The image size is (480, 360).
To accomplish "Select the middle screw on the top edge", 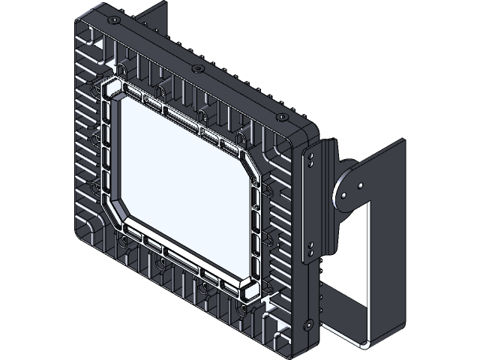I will pyautogui.click(x=197, y=68).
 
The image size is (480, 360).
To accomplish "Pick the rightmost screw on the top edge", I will pyautogui.click(x=281, y=118).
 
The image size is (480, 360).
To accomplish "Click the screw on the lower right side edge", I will pyautogui.click(x=308, y=324).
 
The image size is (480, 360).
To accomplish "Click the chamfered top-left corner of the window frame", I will pyautogui.click(x=112, y=89).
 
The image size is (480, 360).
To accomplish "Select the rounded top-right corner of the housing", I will pyautogui.click(x=303, y=135).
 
